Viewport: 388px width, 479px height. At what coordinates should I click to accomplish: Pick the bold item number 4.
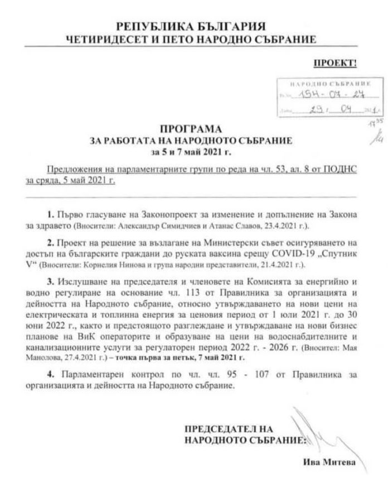click(x=66, y=371)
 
